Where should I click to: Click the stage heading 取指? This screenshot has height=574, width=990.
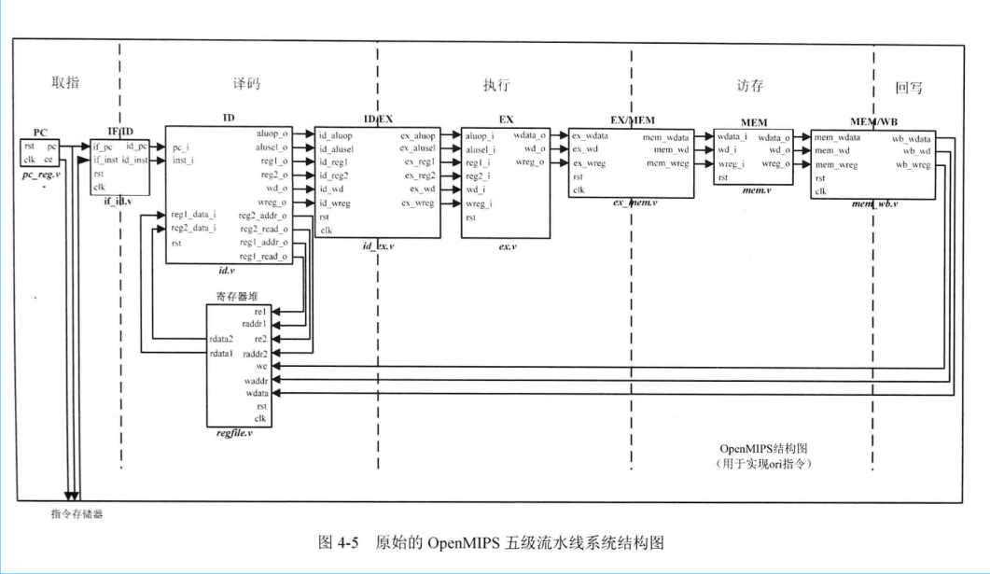click(x=65, y=82)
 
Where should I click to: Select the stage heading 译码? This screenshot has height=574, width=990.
click(x=246, y=83)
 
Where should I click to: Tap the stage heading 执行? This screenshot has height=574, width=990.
click(x=496, y=85)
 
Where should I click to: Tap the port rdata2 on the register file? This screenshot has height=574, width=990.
click(x=221, y=339)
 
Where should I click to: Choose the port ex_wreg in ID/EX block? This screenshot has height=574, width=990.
click(x=417, y=203)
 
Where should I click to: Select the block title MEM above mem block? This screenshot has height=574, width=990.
click(x=753, y=122)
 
